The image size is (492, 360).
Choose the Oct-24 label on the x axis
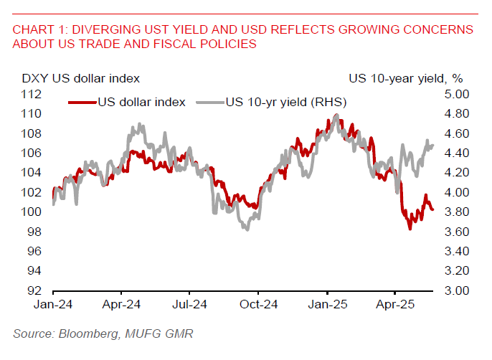click(x=260, y=305)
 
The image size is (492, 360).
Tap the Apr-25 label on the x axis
click(x=397, y=305)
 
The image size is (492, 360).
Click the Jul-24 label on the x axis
click(x=191, y=305)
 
